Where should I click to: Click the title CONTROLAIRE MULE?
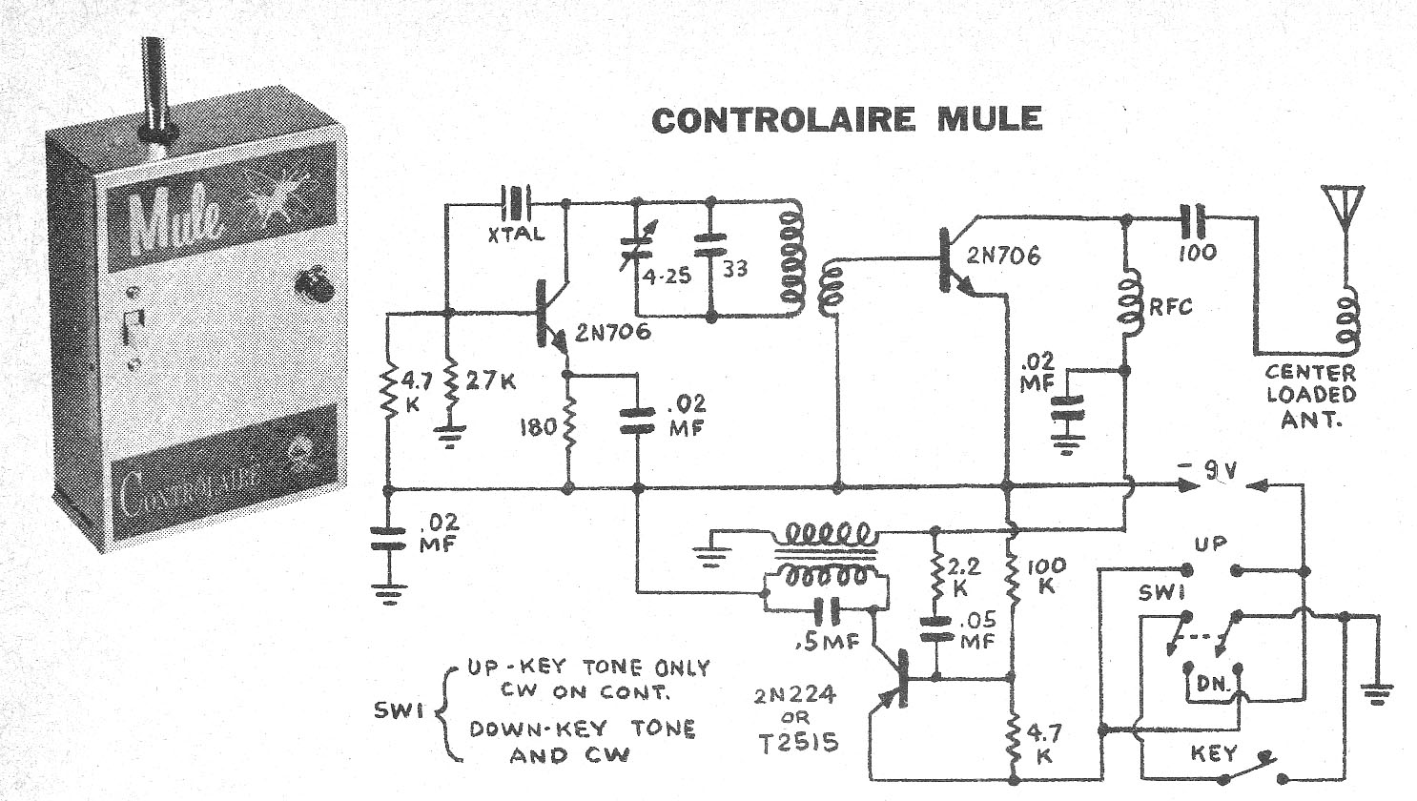click(847, 119)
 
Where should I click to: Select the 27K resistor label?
click(492, 382)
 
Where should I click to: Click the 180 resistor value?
click(538, 426)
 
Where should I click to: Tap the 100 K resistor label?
click(1047, 575)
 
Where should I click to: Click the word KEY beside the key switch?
click(1214, 753)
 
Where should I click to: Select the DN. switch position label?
click(1208, 684)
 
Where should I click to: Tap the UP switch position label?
click(1212, 544)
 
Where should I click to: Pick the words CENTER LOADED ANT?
click(1310, 395)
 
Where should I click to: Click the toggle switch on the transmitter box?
click(134, 326)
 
